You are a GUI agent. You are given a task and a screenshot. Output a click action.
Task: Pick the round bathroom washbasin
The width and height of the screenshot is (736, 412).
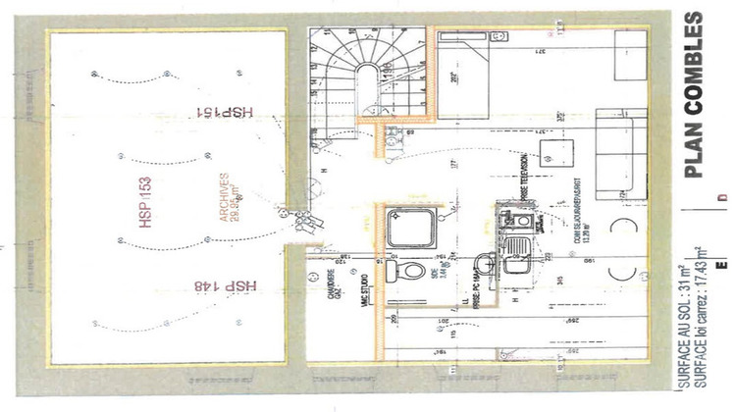click(484, 263)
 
